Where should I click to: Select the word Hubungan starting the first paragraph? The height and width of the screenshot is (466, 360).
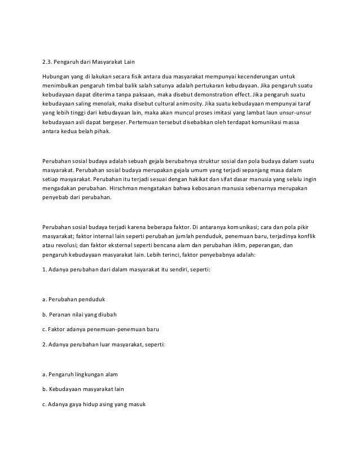pyautogui.click(x=58, y=76)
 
